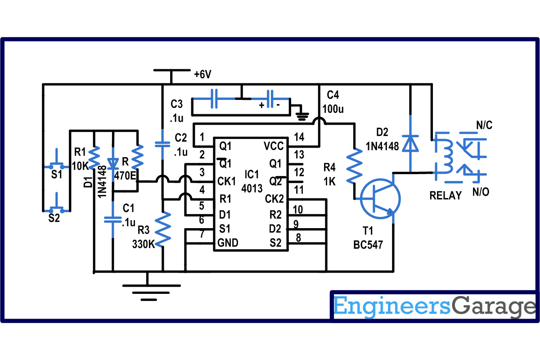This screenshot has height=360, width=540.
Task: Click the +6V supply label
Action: pyautogui.click(x=203, y=74)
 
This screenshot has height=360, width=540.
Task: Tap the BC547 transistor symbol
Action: pyautogui.click(x=380, y=199)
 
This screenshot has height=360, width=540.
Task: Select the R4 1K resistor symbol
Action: pyautogui.click(x=354, y=166)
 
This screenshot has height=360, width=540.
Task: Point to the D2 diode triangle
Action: pyautogui.click(x=410, y=144)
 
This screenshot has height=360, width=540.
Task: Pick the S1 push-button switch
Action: pyautogui.click(x=57, y=162)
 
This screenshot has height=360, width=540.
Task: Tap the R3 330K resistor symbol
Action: pyautogui.click(x=163, y=229)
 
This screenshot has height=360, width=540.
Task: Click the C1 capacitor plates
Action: pyautogui.click(x=112, y=220)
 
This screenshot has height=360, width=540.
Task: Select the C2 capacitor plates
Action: pyautogui.click(x=162, y=144)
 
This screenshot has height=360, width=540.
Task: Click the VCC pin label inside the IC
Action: pyautogui.click(x=274, y=146)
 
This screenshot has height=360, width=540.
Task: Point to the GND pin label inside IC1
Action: pyautogui.click(x=228, y=243)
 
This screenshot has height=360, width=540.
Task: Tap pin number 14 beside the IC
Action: pyautogui.click(x=299, y=137)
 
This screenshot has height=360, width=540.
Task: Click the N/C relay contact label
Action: pyautogui.click(x=484, y=125)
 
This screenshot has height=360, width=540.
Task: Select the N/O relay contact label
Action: pyautogui.click(x=481, y=192)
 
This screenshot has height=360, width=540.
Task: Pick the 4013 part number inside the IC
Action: pyautogui.click(x=252, y=188)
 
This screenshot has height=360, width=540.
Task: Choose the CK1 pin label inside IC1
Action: pyautogui.click(x=226, y=181)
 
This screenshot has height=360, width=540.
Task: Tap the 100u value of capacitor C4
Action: pyautogui.click(x=333, y=109)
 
